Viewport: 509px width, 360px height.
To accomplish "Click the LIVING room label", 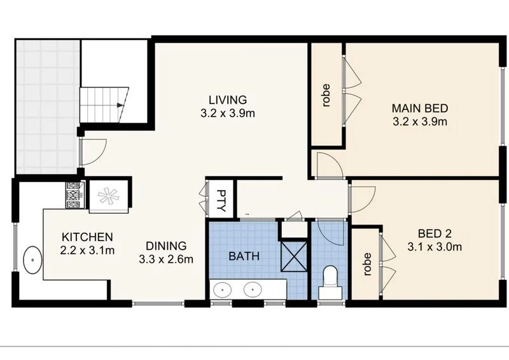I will [x=227, y=100].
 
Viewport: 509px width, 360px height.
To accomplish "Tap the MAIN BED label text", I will [x=420, y=107].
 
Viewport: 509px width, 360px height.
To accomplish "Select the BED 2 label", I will [x=435, y=233].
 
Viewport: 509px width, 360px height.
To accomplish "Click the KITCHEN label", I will [x=87, y=236].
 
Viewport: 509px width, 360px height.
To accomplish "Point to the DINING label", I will [x=165, y=245].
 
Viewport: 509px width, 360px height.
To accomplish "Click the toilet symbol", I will [x=330, y=280].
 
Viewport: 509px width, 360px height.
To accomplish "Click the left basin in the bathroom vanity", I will [x=223, y=290].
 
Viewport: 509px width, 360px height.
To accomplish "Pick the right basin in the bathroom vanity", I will [x=254, y=290].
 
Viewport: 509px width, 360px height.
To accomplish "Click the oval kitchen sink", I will [x=31, y=261].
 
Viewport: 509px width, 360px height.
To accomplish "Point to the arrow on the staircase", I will [x=118, y=105].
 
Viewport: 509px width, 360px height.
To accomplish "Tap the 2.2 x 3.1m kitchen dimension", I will [x=87, y=250].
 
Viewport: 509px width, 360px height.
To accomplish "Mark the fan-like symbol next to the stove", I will [x=108, y=194].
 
